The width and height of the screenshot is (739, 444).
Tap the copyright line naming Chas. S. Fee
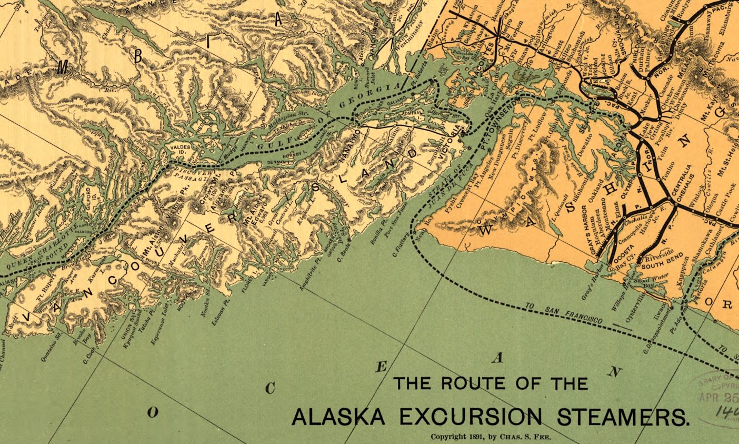[490, 437]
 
